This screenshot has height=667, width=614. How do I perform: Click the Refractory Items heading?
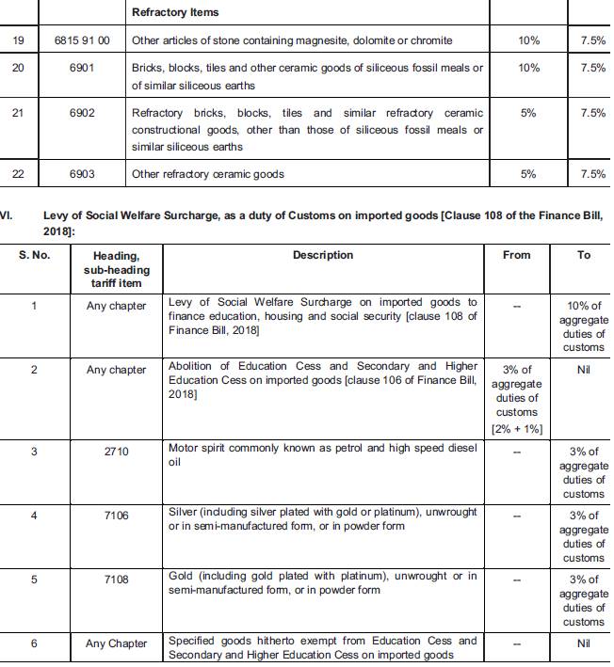point(175,12)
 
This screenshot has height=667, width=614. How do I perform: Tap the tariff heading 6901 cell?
point(83,68)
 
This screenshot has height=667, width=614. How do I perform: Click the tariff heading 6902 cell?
point(83,113)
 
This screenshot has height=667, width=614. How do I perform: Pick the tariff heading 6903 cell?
point(83,174)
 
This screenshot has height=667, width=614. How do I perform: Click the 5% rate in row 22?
point(528,174)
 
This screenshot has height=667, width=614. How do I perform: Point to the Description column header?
point(323,255)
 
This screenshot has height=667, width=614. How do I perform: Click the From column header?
point(517,255)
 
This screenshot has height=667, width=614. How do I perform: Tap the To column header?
point(584,255)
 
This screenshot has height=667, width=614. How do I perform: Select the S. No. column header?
point(35,255)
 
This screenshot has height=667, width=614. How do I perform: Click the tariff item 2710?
point(116,452)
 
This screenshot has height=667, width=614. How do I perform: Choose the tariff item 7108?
point(116,580)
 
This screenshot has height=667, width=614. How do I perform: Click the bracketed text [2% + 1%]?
point(516,429)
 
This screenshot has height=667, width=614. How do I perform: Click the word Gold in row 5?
point(181,576)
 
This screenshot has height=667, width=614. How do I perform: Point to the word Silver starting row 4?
point(184,512)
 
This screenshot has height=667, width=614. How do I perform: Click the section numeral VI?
point(6,215)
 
